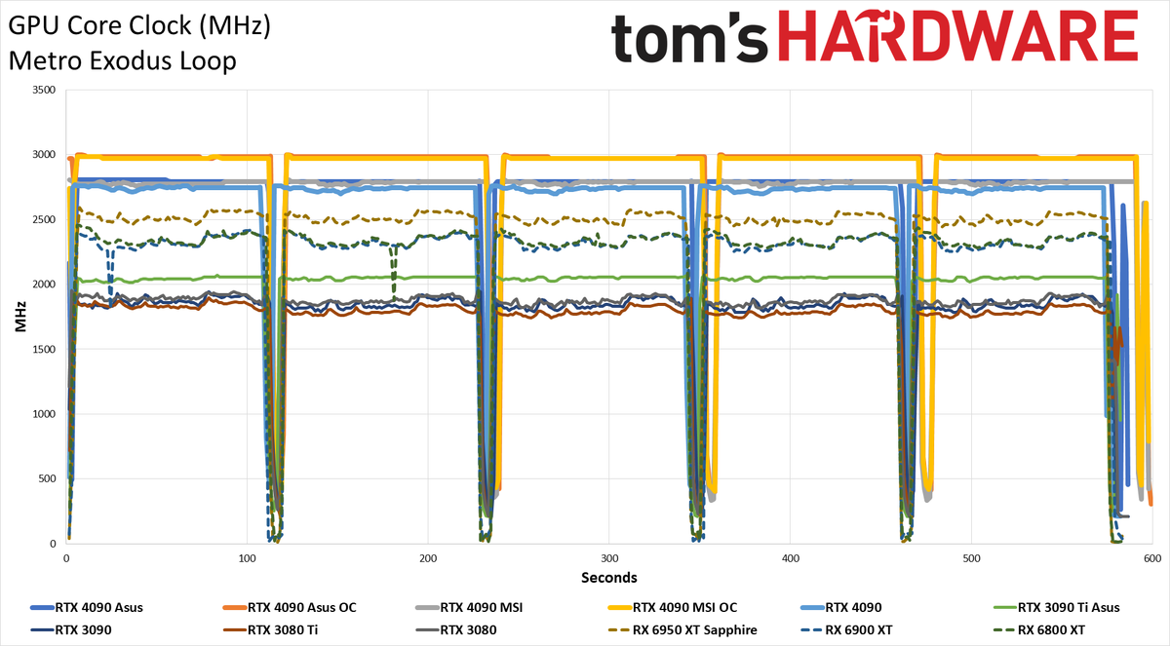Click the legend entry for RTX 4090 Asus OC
pyautogui.click(x=290, y=607)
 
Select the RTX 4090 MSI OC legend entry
pyautogui.click(x=674, y=607)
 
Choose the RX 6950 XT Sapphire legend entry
pyautogui.click(x=683, y=629)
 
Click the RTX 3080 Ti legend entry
pyautogui.click(x=271, y=629)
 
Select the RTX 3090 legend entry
pyautogui.click(x=71, y=629)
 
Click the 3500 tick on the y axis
pyautogui.click(x=44, y=90)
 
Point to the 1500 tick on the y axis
pyautogui.click(x=44, y=349)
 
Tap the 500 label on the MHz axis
pyautogui.click(x=47, y=478)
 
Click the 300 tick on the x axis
pyautogui.click(x=609, y=558)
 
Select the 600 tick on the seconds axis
pyautogui.click(x=1151, y=558)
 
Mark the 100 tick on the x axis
pyautogui.click(x=247, y=558)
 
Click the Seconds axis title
pyautogui.click(x=609, y=578)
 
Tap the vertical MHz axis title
pyautogui.click(x=20, y=317)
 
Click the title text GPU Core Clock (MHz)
pyautogui.click(x=139, y=25)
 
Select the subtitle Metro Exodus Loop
pyautogui.click(x=122, y=60)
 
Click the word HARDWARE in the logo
pyautogui.click(x=957, y=35)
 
